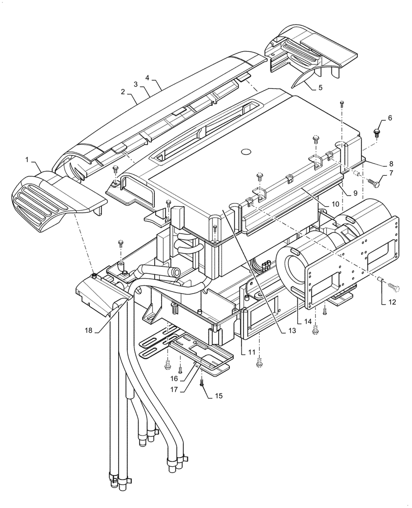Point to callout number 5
point(320,87)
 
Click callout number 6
point(390,118)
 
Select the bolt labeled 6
point(377,133)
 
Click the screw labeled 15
point(202,383)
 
